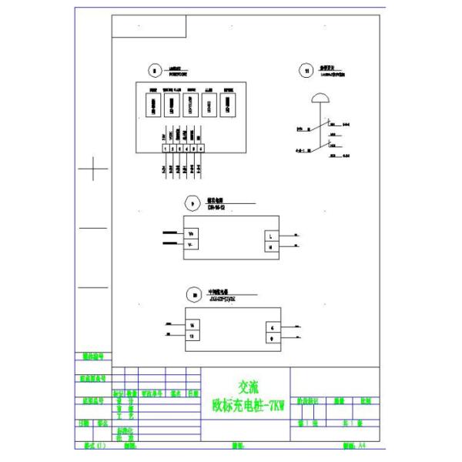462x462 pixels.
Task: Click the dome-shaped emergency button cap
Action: coord(317,99)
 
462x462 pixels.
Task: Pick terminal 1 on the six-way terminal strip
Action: coord(165,148)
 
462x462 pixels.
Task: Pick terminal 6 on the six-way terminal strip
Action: coord(200,148)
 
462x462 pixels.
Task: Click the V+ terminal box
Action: coord(192,233)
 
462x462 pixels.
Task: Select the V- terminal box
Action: coord(192,244)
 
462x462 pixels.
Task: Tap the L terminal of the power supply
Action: coord(271,236)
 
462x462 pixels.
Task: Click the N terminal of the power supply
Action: coord(271,246)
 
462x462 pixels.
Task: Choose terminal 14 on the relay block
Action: coord(192,326)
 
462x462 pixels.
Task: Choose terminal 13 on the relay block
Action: coord(192,336)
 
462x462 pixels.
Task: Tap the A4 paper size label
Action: coord(359,445)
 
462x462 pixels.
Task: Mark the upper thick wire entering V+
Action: coord(169,232)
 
